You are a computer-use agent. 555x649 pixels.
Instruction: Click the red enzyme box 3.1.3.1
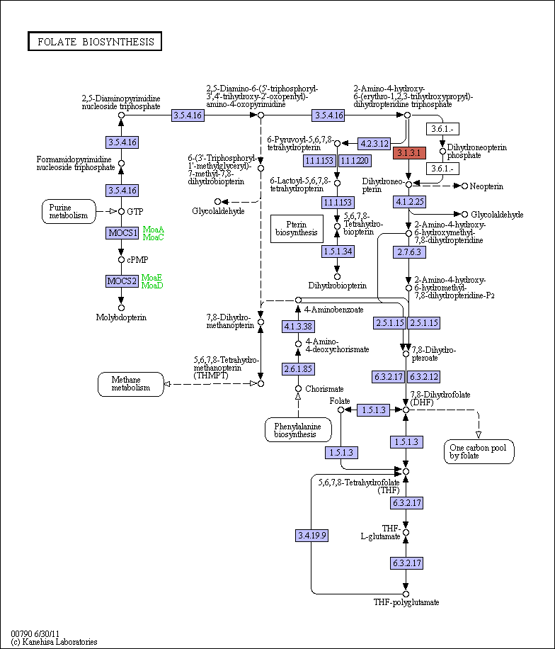point(409,153)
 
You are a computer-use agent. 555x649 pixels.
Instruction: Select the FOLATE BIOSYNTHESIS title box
point(95,41)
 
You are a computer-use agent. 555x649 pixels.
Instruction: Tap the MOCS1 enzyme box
point(122,232)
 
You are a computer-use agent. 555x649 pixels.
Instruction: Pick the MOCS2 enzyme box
point(122,281)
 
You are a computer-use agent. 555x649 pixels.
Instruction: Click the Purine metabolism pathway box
point(69,212)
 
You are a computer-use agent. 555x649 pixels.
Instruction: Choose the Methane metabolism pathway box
point(131,384)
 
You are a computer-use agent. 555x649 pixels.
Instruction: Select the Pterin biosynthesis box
point(297,228)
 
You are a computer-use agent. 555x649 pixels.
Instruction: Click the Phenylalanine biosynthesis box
point(298,430)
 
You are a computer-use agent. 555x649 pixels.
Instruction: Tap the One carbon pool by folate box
point(479,451)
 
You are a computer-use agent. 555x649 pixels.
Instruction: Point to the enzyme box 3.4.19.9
point(312,536)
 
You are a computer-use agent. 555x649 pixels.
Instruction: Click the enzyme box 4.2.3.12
point(374,144)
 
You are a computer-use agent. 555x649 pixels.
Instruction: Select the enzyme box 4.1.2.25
point(409,202)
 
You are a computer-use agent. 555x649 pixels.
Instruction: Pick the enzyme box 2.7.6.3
point(409,252)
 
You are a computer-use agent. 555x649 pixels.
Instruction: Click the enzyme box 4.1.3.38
point(298,327)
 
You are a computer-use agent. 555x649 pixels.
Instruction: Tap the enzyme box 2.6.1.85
point(298,369)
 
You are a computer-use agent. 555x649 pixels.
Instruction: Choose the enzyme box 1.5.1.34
point(338,252)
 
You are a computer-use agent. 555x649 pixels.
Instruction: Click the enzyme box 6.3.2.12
point(424,377)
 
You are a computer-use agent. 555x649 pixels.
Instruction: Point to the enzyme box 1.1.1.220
point(355,161)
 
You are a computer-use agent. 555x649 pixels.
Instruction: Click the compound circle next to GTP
point(121,212)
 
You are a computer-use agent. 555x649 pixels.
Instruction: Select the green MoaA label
point(154,230)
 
